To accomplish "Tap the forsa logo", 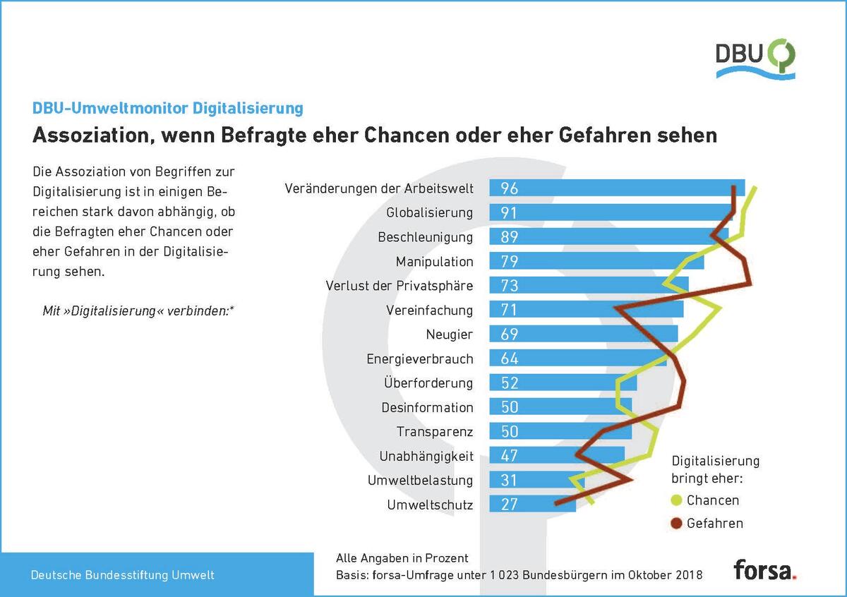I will coord(764,569).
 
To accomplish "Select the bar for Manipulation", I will coord(596,262).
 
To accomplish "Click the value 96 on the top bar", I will coord(510,188).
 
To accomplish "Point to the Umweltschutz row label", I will coord(430,505).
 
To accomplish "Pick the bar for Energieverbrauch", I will coord(577,358).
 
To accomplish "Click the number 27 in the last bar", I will coord(510,505).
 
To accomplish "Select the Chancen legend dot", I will coord(676,500).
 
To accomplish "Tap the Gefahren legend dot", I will coord(676,524).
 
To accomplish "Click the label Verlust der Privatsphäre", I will coord(400,286).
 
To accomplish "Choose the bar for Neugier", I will coord(583,334).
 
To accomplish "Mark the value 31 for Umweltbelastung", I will coord(510,481).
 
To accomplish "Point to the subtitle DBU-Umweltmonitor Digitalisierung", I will coord(168,108).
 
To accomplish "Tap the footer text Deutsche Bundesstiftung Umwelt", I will coord(122,575).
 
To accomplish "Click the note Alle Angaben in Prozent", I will coord(402,558).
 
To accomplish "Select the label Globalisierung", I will coord(429,213).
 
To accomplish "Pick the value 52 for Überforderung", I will coord(510,383).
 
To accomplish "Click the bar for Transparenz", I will coord(560,432).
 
